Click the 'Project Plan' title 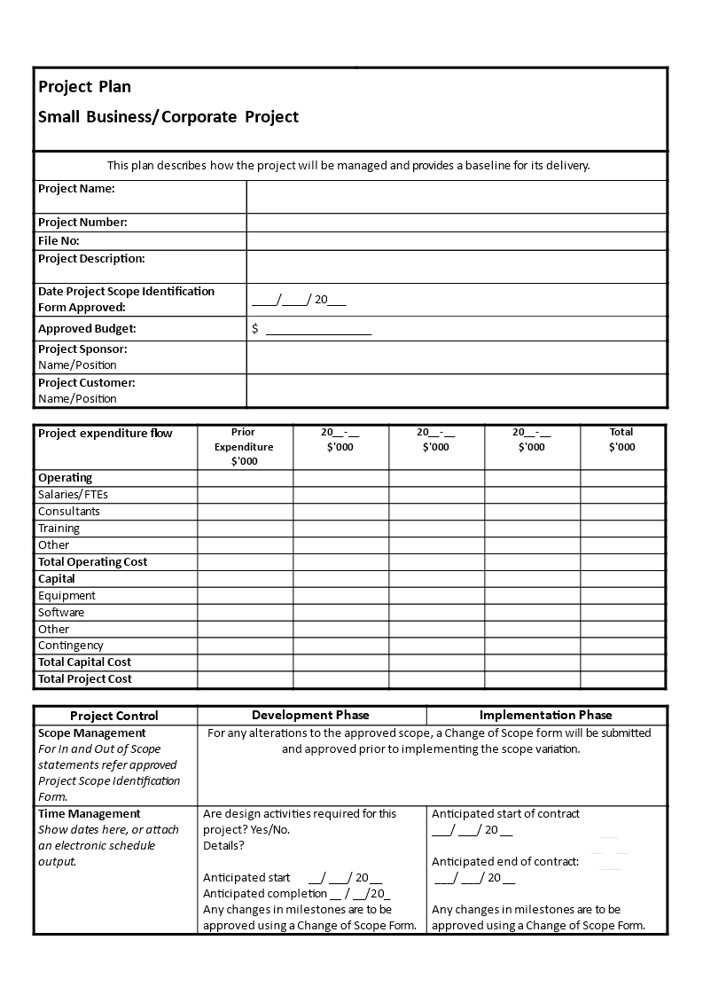pyautogui.click(x=84, y=87)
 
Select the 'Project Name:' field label pyautogui.click(x=76, y=189)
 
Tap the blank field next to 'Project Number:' pyautogui.click(x=457, y=223)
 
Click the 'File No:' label pyautogui.click(x=59, y=241)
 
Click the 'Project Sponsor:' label pyautogui.click(x=82, y=349)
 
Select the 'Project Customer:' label pyautogui.click(x=86, y=383)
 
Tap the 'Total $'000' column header pyautogui.click(x=621, y=440)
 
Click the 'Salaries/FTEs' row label pyautogui.click(x=73, y=495)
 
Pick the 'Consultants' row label pyautogui.click(x=69, y=512)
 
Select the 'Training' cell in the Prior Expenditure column pyautogui.click(x=245, y=529)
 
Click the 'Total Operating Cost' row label pyautogui.click(x=92, y=562)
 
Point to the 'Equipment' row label pyautogui.click(x=66, y=596)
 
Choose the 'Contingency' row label pyautogui.click(x=71, y=646)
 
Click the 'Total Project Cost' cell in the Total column pyautogui.click(x=621, y=679)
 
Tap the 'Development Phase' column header pyautogui.click(x=310, y=715)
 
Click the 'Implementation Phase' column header pyautogui.click(x=545, y=715)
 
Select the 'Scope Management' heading pyautogui.click(x=92, y=733)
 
